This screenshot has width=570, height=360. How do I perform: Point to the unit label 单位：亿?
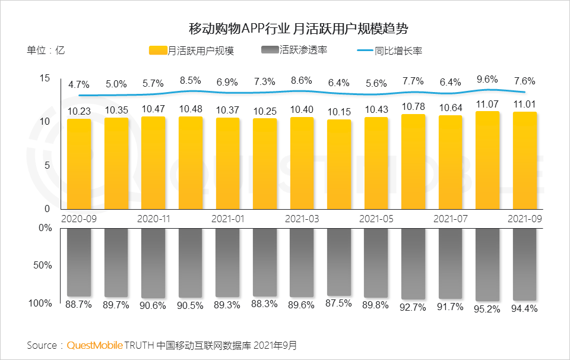point(46,50)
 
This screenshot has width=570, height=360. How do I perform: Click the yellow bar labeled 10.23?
point(79,163)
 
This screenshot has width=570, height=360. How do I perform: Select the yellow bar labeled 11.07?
point(487,160)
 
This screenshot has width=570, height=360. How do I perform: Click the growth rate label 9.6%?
point(487,79)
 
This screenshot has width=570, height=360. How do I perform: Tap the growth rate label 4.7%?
point(78,84)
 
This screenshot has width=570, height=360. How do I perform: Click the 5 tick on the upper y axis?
point(48,165)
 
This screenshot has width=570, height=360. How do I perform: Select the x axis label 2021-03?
point(302,219)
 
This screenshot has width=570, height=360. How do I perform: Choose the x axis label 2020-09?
point(79,219)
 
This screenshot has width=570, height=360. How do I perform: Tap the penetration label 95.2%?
point(487,309)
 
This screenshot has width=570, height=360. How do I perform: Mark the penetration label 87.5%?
point(339,303)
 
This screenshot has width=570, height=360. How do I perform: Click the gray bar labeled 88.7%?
point(79,262)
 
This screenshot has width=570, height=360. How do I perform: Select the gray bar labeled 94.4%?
point(524,264)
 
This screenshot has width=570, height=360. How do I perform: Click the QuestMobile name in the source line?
point(95,345)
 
